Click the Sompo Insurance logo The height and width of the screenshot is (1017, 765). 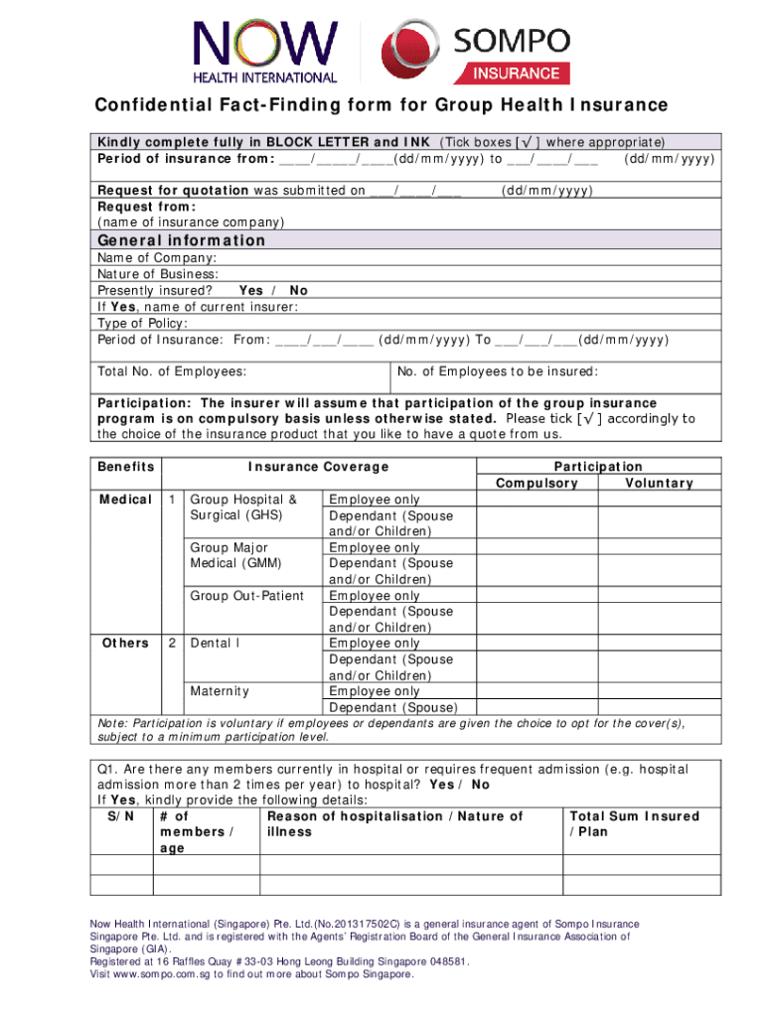click(x=477, y=53)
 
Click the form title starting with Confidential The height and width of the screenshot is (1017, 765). click(x=382, y=106)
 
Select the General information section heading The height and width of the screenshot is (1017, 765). click(x=181, y=240)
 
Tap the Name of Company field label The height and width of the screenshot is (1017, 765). click(x=143, y=258)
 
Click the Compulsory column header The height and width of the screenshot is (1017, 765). click(x=536, y=483)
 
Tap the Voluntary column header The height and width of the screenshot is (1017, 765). click(x=659, y=483)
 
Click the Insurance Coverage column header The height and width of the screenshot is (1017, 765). click(x=318, y=467)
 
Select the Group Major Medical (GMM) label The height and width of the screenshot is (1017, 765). click(x=235, y=555)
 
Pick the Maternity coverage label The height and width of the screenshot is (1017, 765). click(x=219, y=691)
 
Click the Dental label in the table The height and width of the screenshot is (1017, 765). click(x=215, y=644)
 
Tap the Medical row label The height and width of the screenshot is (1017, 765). click(x=125, y=500)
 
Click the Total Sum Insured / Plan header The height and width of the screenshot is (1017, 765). click(x=633, y=823)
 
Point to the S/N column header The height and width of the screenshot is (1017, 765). click(x=120, y=816)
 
